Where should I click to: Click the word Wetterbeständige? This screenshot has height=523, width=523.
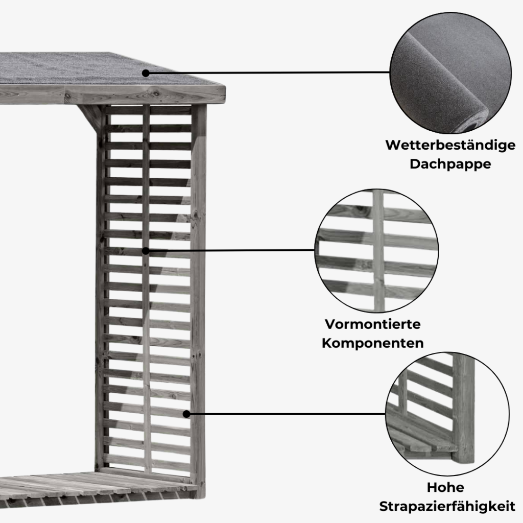click(450, 146)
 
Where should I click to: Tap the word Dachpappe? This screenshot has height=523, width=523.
click(450, 164)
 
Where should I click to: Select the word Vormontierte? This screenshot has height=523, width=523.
click(372, 324)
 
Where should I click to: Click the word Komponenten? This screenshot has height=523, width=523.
click(372, 343)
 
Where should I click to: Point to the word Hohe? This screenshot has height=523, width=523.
click(445, 487)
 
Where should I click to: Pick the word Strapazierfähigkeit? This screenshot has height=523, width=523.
click(447, 506)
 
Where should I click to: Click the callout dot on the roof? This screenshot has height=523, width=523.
click(146, 73)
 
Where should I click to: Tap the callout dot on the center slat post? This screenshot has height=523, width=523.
click(146, 251)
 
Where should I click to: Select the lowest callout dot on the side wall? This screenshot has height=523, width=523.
click(186, 414)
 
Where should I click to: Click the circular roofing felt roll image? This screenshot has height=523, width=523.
click(450, 73)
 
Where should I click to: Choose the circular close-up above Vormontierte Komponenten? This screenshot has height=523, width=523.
click(376, 251)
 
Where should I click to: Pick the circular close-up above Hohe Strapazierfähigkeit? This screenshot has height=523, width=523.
click(447, 414)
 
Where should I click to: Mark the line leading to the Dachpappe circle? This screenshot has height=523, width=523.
click(268, 73)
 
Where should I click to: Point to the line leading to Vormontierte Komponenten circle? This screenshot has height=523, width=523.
click(230, 250)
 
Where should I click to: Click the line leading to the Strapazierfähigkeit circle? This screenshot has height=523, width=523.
click(286, 414)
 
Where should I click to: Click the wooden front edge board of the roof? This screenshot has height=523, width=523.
click(113, 94)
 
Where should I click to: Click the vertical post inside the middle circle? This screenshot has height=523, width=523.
click(378, 251)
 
